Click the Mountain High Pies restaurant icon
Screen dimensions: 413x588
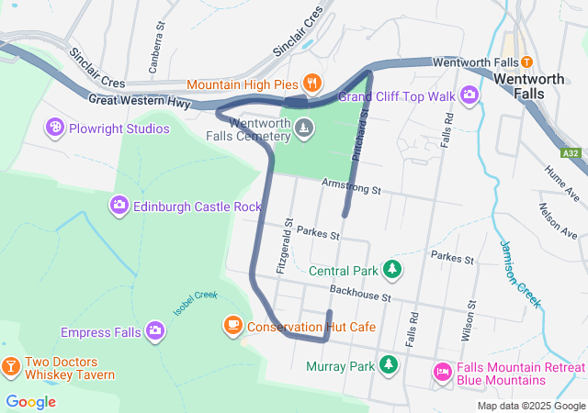312,84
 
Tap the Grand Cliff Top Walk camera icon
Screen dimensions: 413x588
469,95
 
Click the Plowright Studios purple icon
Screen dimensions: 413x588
55,128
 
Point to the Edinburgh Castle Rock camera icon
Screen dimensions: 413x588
119,206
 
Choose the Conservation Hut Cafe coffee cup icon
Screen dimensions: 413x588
232,326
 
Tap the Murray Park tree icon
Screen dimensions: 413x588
390,365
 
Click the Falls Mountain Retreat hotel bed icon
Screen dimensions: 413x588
442,372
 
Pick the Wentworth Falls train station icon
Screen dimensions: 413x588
526,62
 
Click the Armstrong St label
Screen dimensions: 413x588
350,188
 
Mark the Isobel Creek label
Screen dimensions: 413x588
195,302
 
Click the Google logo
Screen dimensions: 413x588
30,401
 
